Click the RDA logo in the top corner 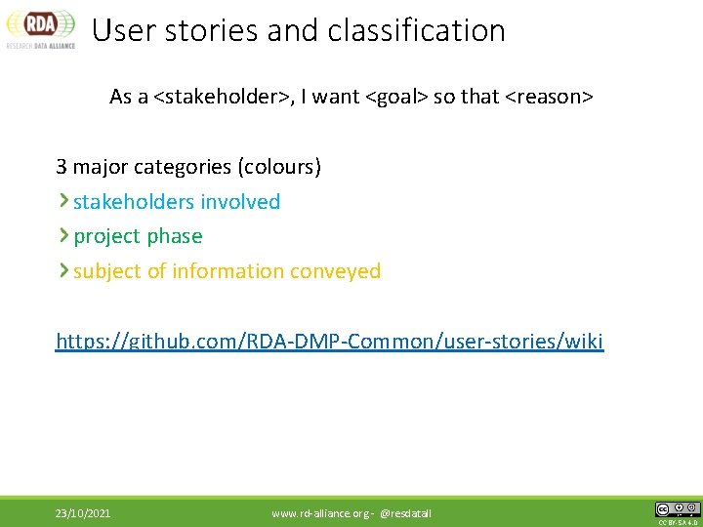[x=40, y=27]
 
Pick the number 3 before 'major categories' [x=62, y=167]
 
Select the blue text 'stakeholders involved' [x=177, y=202]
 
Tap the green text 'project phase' [x=138, y=236]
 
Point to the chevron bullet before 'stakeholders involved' [x=63, y=201]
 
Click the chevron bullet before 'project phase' [x=63, y=235]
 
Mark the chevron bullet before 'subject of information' [x=63, y=270]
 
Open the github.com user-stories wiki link [x=330, y=342]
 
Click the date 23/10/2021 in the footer [x=82, y=513]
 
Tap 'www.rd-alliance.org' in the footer [x=320, y=513]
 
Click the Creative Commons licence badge [x=677, y=509]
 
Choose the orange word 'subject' [x=106, y=271]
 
